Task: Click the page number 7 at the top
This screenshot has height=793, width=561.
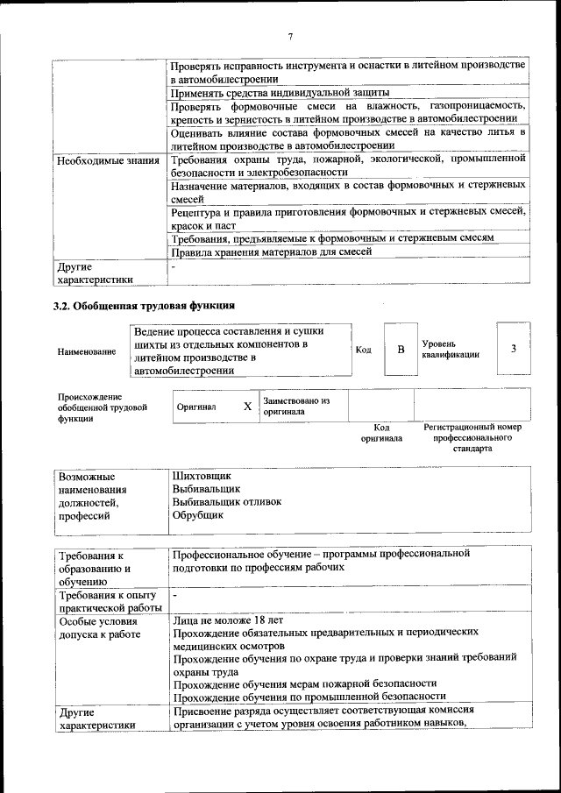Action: point(289,36)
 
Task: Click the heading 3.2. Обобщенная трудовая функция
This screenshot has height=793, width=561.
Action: point(145,306)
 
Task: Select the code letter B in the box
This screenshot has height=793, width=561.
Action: point(401,350)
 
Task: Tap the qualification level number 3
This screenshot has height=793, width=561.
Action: point(513,349)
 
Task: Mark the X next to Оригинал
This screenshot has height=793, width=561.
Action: point(247,407)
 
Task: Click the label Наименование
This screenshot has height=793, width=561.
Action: point(86,351)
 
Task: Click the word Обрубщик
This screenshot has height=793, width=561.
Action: point(198,515)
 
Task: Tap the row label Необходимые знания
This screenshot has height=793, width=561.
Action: point(107,160)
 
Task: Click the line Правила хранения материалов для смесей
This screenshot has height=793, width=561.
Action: point(272,251)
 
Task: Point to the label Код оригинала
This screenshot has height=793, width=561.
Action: point(381,432)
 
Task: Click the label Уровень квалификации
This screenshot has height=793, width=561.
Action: point(451,350)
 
